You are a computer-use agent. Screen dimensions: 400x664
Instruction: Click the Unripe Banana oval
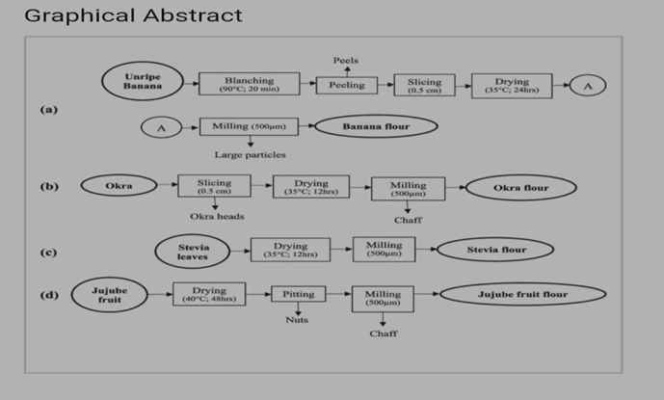click(x=143, y=83)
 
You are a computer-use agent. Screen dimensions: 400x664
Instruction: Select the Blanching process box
click(x=249, y=84)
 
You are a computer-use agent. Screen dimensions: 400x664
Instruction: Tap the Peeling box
click(x=347, y=85)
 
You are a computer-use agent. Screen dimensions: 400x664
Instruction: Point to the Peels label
click(x=346, y=61)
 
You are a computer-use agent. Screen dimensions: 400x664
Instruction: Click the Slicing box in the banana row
click(x=424, y=85)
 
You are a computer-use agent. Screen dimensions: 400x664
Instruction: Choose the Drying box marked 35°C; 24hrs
click(x=512, y=85)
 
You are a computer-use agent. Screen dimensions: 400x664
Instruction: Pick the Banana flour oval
click(x=376, y=126)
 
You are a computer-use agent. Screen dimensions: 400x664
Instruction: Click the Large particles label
click(x=250, y=154)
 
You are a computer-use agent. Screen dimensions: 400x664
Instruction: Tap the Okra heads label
click(x=217, y=216)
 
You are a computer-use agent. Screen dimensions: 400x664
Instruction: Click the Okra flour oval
click(x=521, y=187)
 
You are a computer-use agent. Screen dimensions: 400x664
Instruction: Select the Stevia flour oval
click(x=496, y=251)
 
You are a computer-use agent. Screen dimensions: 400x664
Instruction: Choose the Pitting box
click(x=299, y=294)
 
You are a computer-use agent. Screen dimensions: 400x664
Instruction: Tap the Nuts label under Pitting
click(x=297, y=321)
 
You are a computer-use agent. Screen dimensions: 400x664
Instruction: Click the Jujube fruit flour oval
click(x=523, y=293)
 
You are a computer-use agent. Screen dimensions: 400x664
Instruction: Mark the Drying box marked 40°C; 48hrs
click(x=209, y=294)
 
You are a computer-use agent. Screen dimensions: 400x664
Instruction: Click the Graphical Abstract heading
click(x=133, y=16)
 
